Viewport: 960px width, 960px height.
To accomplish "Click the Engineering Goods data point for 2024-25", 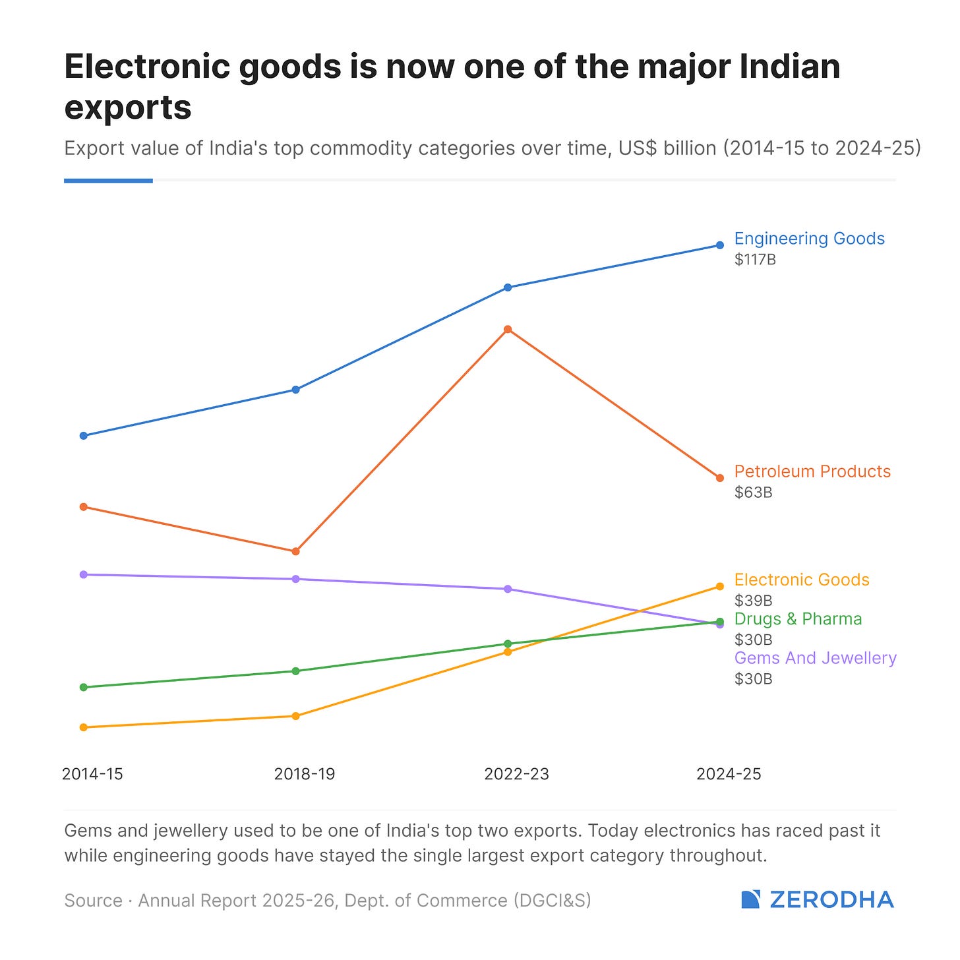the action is coord(719,245).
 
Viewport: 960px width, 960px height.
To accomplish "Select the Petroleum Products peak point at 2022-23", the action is coord(508,329).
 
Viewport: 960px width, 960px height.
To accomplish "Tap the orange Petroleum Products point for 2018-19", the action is coord(295,551).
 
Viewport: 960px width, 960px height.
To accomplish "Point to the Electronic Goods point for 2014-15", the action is coord(84,727).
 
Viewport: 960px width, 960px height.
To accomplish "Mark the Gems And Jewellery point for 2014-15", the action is coord(84,574).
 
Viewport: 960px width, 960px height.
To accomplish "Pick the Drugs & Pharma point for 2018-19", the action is coord(295,671).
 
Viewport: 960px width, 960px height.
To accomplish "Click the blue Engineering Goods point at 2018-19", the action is coord(295,390).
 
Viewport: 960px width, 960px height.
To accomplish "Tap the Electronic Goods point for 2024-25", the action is coord(719,586).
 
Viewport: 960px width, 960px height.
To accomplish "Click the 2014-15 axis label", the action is coord(92,773).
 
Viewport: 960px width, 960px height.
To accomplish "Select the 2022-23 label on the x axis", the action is coord(517,773).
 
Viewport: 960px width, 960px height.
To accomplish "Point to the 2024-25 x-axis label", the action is coord(729,773).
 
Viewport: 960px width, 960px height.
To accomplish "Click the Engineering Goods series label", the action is coord(810,239).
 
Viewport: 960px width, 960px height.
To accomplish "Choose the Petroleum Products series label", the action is coord(812,471).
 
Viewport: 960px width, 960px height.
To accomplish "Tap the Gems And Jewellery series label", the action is coord(816,658).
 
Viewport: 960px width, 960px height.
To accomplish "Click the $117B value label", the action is coord(755,260).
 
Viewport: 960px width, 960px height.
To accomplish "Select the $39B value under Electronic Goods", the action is coord(753,600).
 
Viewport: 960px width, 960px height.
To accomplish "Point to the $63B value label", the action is coord(753,493).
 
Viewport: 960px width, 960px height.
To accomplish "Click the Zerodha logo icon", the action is coord(751,899).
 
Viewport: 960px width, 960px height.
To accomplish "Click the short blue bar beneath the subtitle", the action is coord(108,181).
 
